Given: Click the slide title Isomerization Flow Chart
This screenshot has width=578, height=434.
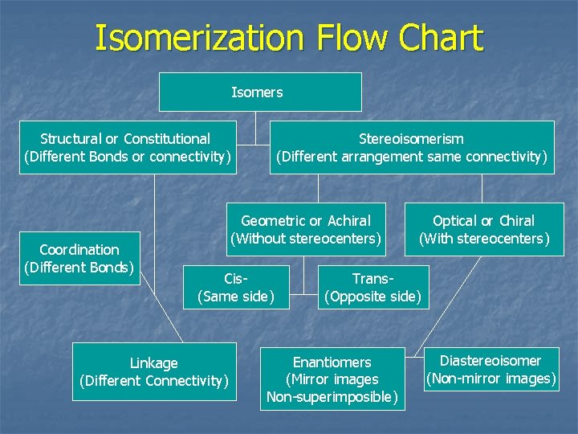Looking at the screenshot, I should point(289,39).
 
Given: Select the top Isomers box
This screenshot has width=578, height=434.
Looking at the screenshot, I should point(259,92).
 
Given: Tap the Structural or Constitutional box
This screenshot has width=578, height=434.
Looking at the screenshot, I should point(128,147).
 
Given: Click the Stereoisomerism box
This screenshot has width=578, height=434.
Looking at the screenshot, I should point(412,147).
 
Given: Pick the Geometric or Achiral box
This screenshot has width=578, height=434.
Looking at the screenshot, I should point(305,229).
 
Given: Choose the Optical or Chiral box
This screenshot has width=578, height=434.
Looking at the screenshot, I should point(483,229).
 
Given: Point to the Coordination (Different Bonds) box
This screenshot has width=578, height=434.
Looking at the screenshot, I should point(79,258).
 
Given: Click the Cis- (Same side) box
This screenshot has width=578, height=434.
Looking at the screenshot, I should point(236,288).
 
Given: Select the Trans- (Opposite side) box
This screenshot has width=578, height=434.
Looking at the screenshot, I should point(372,288).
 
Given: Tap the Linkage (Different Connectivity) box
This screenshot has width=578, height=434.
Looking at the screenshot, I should point(154,371).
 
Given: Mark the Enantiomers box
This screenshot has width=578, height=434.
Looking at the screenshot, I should point(332,379).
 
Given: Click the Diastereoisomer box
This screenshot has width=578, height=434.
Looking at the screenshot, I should point(490,370).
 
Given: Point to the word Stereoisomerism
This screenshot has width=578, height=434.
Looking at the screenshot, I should point(411,139).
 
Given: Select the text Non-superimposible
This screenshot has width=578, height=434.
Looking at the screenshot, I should point(332,396).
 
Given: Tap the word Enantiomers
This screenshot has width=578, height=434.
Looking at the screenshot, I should point(332,362).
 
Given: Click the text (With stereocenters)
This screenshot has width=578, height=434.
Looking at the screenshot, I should point(484,239).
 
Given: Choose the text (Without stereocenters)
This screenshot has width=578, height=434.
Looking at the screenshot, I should point(305,239).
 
